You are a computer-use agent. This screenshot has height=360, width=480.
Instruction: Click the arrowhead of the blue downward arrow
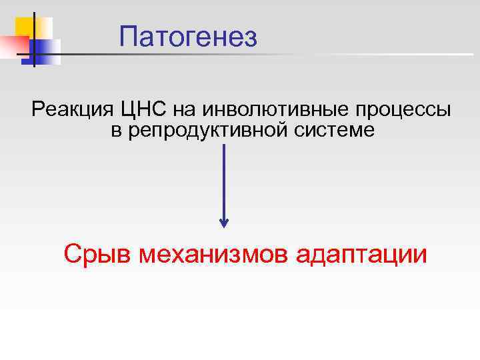pyautogui.click(x=224, y=223)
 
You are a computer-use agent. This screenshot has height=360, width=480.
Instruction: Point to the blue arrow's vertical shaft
pyautogui.click(x=224, y=180)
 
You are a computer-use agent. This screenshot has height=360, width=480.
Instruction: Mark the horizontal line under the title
pyautogui.click(x=267, y=54)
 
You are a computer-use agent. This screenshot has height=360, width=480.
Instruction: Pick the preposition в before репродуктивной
pyautogui.click(x=116, y=131)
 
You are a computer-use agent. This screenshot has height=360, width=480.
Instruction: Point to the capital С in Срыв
pyautogui.click(x=72, y=254)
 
